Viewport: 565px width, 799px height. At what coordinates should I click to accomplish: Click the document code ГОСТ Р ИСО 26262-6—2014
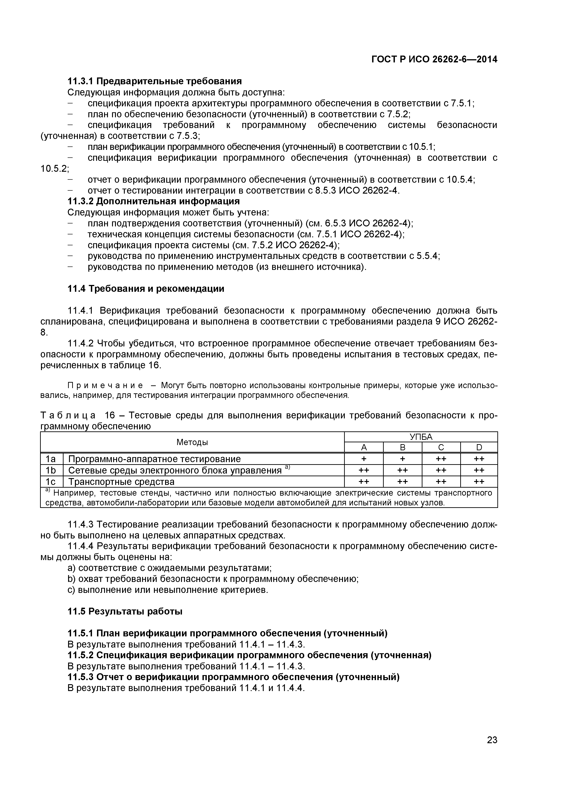click(434, 59)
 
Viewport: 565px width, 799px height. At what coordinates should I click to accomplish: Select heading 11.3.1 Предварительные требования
click(154, 81)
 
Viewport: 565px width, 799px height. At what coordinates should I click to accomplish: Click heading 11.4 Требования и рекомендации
click(146, 289)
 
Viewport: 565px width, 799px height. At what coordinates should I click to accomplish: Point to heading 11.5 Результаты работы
click(125, 611)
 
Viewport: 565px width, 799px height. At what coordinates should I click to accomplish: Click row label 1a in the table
click(51, 459)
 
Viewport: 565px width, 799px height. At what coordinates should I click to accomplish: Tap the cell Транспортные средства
click(121, 482)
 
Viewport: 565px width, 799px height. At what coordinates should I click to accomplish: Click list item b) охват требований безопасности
click(213, 579)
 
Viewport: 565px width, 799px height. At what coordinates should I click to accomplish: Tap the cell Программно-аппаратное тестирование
click(154, 459)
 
